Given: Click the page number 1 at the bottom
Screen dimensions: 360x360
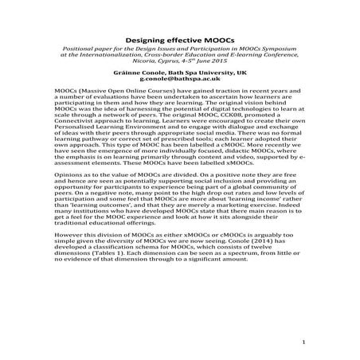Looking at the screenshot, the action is tap(304, 342).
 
